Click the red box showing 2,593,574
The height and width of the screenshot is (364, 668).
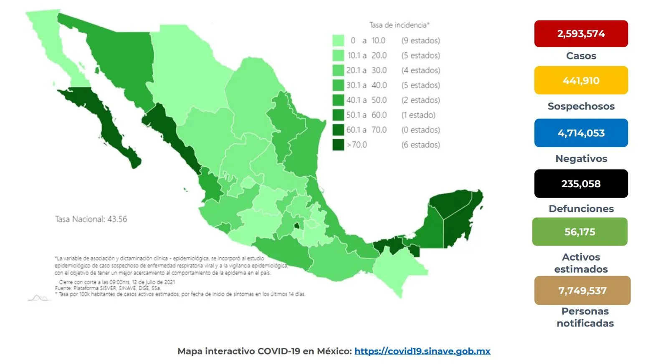coord(581,34)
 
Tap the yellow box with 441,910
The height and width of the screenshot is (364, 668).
coord(581,80)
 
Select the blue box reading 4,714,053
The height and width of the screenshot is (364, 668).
coord(581,133)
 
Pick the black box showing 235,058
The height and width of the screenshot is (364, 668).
coord(581,184)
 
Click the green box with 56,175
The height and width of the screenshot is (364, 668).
coord(579,232)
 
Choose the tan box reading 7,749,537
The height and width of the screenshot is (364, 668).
coord(582,291)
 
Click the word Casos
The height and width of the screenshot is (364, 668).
coord(581,56)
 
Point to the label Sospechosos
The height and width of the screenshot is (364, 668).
coord(581,106)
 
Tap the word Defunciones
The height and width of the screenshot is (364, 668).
coord(581,208)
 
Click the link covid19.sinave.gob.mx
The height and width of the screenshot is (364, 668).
coord(422,351)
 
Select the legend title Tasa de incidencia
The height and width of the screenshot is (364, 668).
coord(399,25)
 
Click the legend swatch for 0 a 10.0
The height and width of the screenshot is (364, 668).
coord(338,40)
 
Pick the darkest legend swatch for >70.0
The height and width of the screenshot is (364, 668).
coord(338,145)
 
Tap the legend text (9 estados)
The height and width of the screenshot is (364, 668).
coord(420,40)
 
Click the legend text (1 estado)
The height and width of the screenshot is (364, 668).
coord(418,115)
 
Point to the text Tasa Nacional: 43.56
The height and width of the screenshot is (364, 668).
coord(91,219)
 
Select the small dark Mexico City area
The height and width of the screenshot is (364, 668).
coord(297,226)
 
